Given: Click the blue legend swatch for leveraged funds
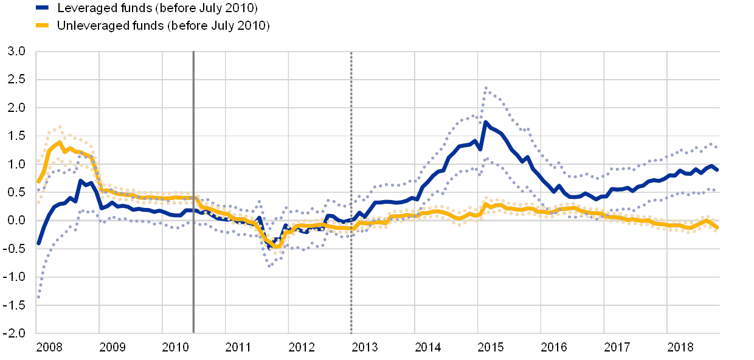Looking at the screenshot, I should click(42, 8).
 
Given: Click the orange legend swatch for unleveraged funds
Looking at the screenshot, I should click(42, 26).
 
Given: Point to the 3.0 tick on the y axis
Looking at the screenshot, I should click(17, 52).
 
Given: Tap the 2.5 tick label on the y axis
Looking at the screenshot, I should click(17, 80).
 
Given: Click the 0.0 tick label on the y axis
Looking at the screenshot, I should click(17, 221).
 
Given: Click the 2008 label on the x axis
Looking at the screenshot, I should click(49, 347).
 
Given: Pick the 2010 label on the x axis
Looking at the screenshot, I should click(176, 347).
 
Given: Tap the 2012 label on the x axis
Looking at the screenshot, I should click(302, 347).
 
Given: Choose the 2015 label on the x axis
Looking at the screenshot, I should click(491, 347).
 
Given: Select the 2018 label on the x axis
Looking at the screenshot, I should click(680, 347).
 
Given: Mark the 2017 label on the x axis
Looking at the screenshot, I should click(617, 347).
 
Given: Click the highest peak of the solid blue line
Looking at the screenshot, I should click(485, 122).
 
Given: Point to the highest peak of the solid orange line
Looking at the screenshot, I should click(59, 142).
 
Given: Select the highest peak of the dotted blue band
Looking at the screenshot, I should click(485, 88).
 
